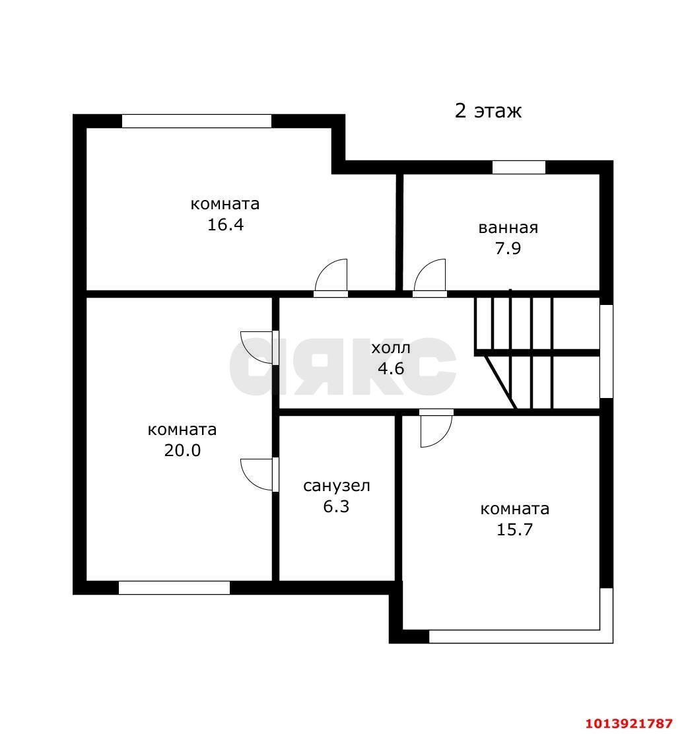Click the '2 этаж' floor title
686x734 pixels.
[x=488, y=110]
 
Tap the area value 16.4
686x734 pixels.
[x=225, y=224]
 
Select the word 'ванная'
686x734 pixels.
[x=508, y=228]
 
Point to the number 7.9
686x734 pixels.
[x=508, y=248]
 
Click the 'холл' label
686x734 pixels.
[x=391, y=348]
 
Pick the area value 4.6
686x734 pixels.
[x=390, y=368]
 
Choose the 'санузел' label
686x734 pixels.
[x=337, y=486]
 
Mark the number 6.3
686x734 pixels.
[x=336, y=506]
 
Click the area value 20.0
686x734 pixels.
[x=182, y=450]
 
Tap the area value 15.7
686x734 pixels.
[x=514, y=529]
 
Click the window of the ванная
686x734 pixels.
[x=519, y=167]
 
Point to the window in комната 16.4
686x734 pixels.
[x=197, y=121]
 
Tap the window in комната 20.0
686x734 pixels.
[x=174, y=587]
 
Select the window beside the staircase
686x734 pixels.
[x=606, y=350]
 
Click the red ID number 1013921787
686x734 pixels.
[x=629, y=723]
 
